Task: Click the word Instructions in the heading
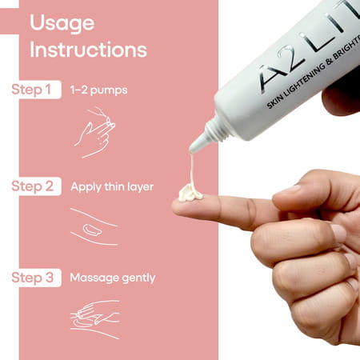click(88, 50)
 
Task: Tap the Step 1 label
click(35, 90)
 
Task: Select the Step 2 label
click(35, 186)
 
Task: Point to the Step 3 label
click(35, 278)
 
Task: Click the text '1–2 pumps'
click(98, 90)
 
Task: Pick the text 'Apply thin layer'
click(111, 186)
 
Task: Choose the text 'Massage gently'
click(112, 278)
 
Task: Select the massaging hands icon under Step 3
click(94, 318)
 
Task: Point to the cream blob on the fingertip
click(190, 193)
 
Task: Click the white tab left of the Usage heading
click(8, 22)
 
